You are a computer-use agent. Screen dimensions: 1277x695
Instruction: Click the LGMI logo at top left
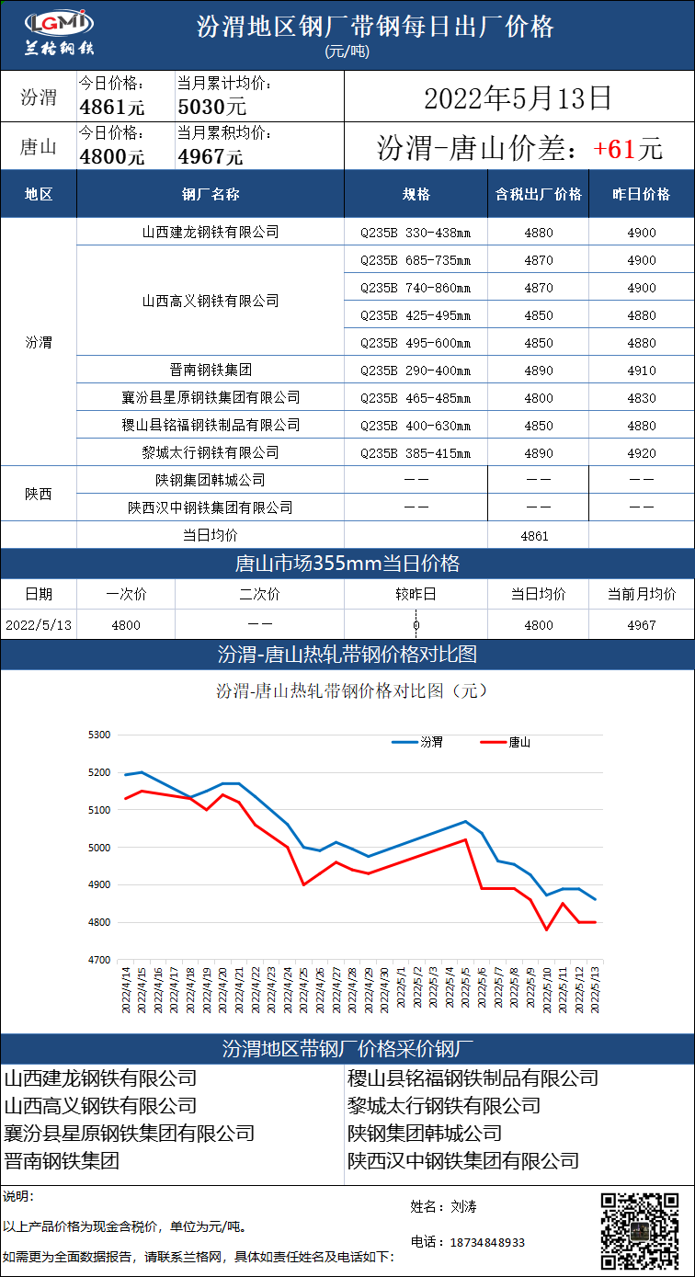[x=57, y=34]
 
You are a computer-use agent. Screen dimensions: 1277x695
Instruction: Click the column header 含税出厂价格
[x=539, y=195]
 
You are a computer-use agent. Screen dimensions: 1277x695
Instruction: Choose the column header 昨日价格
[x=642, y=195]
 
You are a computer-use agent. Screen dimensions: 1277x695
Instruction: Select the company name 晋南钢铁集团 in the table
[x=211, y=371]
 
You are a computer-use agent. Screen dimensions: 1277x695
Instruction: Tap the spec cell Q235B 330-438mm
[x=416, y=233]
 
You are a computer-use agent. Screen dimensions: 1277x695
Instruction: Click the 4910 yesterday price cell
[x=642, y=371]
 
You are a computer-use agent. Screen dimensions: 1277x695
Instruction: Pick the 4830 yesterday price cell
[x=642, y=398]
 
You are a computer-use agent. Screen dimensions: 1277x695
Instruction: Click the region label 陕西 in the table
[x=39, y=494]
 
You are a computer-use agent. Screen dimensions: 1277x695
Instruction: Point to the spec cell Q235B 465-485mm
[x=416, y=398]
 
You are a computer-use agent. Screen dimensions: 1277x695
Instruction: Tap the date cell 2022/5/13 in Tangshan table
[x=39, y=625]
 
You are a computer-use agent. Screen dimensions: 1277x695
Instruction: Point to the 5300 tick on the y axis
[x=98, y=735]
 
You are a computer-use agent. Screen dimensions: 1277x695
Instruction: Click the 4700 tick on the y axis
[x=98, y=960]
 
